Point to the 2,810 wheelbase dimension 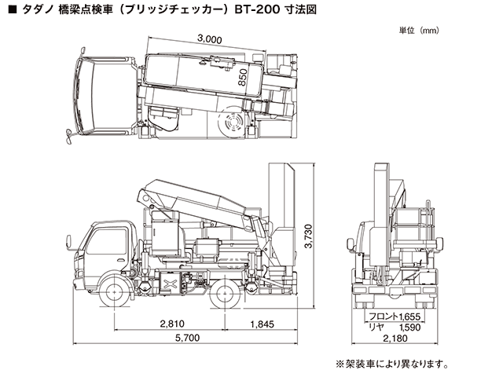173,323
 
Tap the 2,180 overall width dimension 395,339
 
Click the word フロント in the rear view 382,315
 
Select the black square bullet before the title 11,12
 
